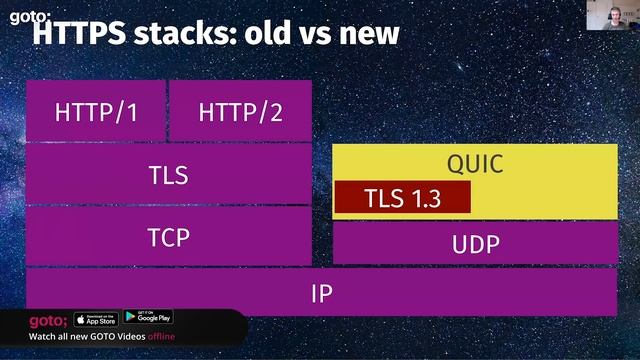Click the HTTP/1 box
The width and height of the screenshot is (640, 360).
[x=96, y=111]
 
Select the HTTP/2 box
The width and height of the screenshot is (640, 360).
[x=240, y=111]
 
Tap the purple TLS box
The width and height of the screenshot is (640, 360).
[x=168, y=174]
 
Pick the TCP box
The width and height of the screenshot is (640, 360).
[x=168, y=236]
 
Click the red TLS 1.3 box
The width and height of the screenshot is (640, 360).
[x=402, y=197]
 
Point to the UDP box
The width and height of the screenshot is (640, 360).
[x=474, y=243]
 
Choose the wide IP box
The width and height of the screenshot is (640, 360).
[x=321, y=293]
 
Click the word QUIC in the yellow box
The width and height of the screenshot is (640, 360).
[x=474, y=164]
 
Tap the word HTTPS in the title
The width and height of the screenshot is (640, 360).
[x=81, y=33]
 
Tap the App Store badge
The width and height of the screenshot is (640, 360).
[x=96, y=319]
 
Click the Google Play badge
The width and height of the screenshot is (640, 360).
[x=148, y=319]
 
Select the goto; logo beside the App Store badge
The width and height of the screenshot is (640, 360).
[x=48, y=320]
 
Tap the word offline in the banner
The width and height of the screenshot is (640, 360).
[x=168, y=337]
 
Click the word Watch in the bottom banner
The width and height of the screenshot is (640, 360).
[x=44, y=337]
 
